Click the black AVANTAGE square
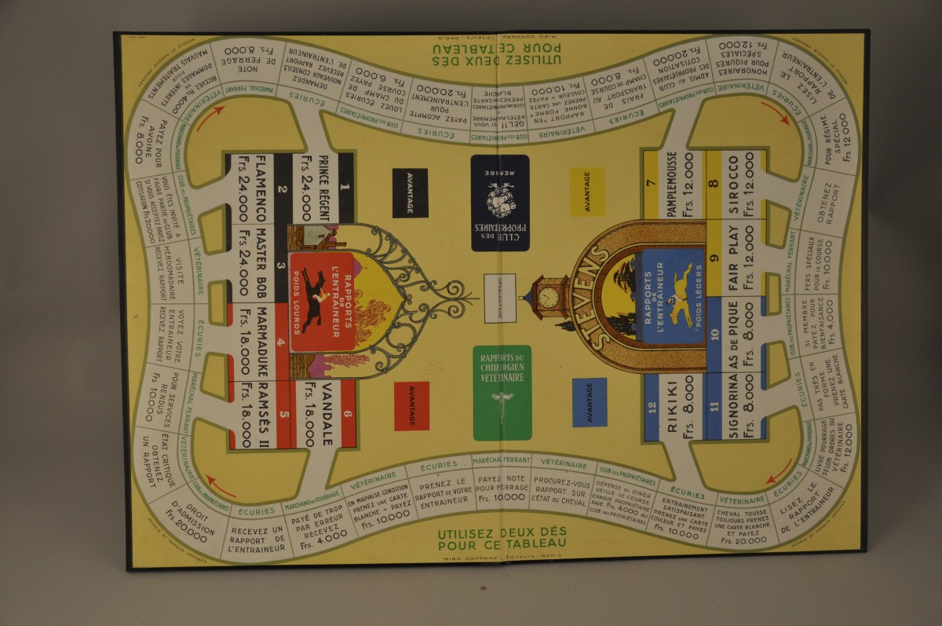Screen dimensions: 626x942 pos(410,192)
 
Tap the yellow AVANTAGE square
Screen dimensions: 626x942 pos(587,192)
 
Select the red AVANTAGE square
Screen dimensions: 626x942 pos(411,405)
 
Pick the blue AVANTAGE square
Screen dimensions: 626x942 pos(589,401)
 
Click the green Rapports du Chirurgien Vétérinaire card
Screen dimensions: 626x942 pos(502,393)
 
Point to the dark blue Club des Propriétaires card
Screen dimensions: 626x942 pos(500,203)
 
